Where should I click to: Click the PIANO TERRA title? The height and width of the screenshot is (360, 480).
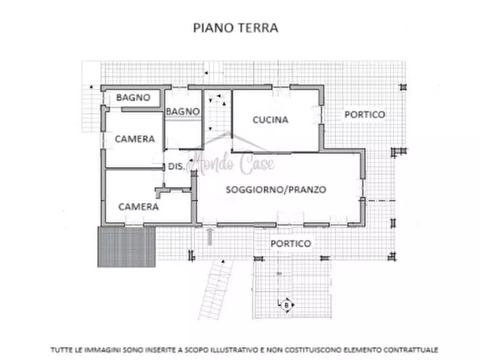click(235, 28)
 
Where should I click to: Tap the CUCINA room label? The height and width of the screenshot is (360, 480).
click(270, 120)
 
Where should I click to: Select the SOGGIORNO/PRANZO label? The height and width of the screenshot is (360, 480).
click(276, 189)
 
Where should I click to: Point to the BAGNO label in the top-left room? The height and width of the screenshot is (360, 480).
click(133, 98)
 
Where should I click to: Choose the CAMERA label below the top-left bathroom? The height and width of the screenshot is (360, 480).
click(134, 139)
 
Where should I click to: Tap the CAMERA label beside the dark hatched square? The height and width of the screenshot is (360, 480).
click(138, 206)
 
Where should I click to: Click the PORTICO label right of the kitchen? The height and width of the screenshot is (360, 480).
click(364, 114)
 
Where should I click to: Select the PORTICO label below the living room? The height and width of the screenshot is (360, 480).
click(290, 243)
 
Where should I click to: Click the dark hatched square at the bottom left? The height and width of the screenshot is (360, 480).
click(126, 247)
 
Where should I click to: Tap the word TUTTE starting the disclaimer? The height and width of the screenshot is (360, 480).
click(60, 349)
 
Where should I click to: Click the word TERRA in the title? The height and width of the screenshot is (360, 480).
click(259, 28)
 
